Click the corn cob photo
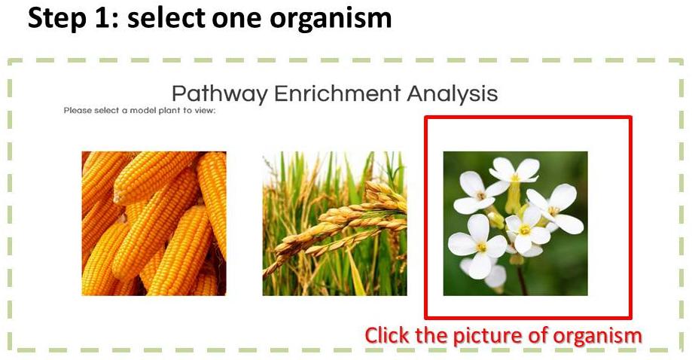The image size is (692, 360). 154,223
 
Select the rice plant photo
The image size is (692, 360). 334,223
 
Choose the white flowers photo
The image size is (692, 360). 516,223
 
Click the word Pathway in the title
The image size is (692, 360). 219,94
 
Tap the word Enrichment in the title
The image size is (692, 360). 337,93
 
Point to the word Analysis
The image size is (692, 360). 453,94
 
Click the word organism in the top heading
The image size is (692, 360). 331,19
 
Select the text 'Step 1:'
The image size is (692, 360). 73,19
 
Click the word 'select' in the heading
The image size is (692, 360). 166,18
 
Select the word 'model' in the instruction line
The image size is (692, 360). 139,110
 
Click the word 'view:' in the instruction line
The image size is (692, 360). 206,111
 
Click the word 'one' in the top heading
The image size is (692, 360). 237,20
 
